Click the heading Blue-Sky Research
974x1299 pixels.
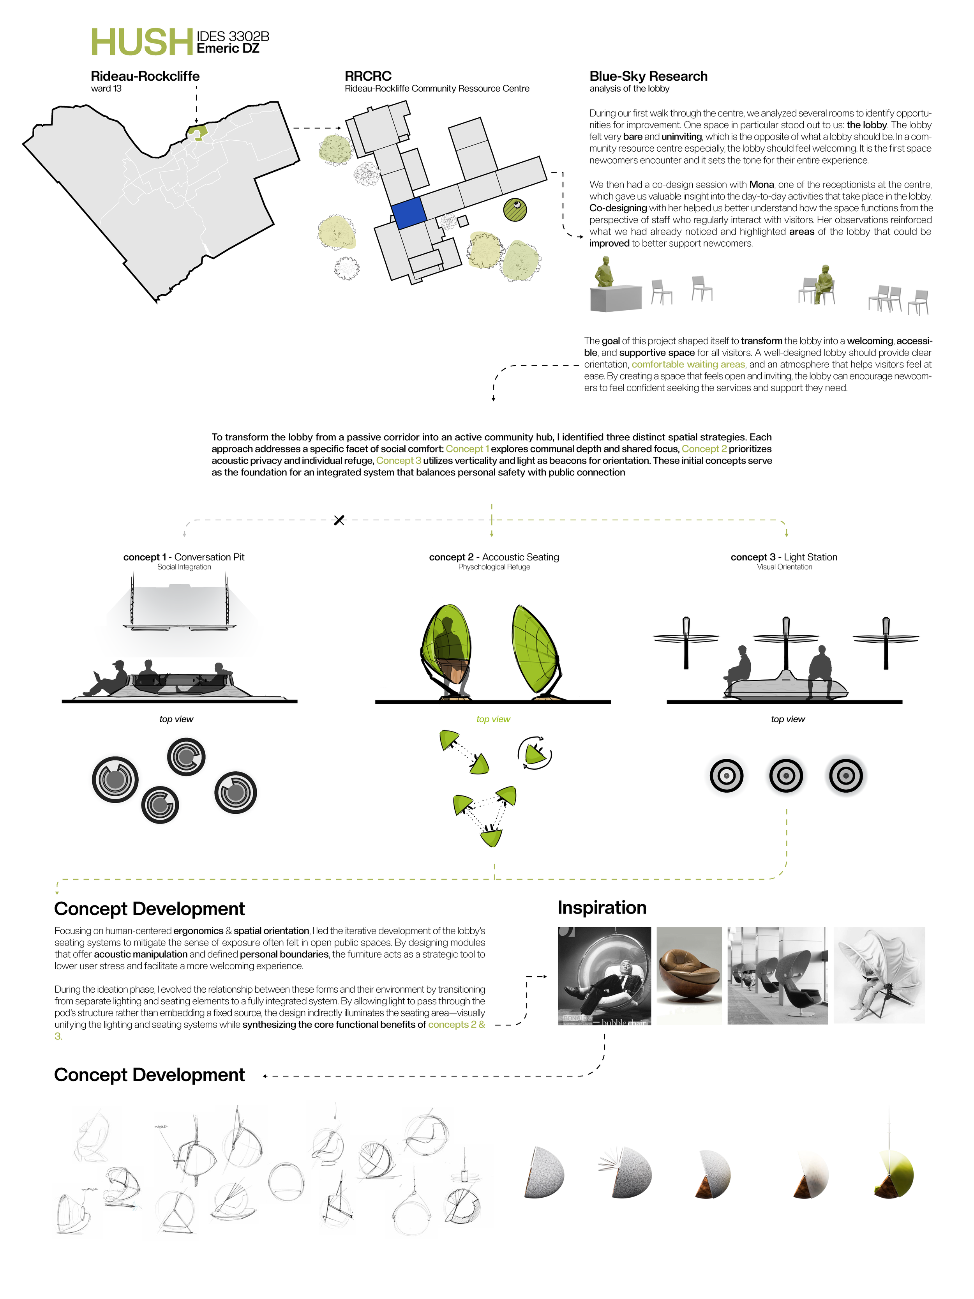click(648, 76)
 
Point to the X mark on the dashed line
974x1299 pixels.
click(339, 520)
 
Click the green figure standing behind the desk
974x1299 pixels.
click(604, 272)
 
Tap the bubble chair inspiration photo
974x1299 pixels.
click(604, 976)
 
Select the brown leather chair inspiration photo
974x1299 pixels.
click(689, 976)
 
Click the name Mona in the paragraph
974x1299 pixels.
click(761, 184)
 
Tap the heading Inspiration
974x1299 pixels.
click(602, 907)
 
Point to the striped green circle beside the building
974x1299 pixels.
click(515, 210)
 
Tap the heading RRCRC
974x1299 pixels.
click(368, 76)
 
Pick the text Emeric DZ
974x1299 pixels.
click(228, 49)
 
